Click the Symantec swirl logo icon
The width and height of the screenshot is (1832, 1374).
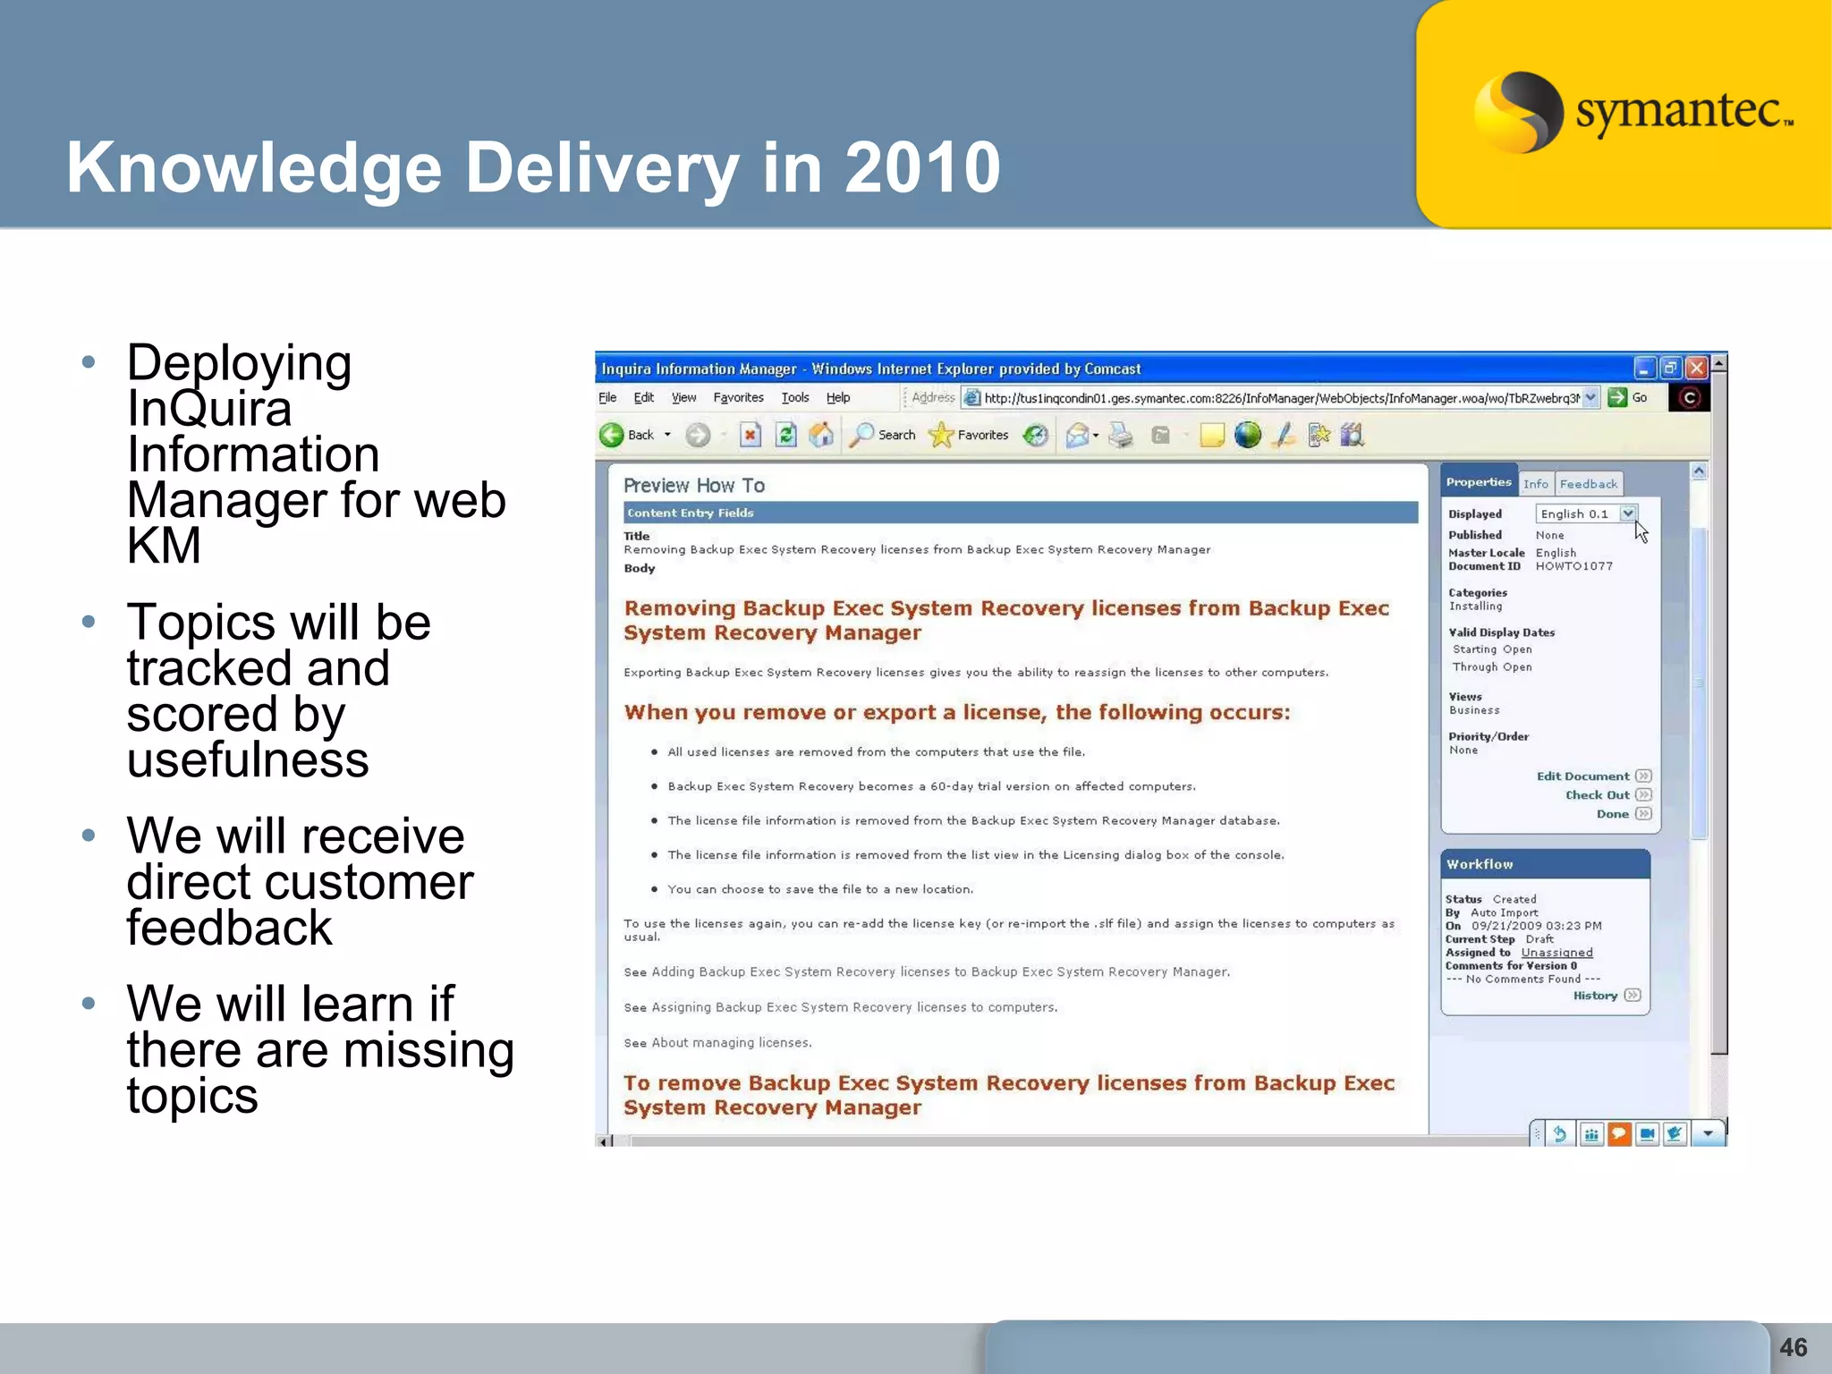(x=1518, y=112)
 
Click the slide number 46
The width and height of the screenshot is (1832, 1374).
(x=1793, y=1347)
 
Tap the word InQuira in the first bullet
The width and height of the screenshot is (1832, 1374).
(x=209, y=409)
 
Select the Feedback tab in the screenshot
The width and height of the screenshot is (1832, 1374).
(x=1588, y=484)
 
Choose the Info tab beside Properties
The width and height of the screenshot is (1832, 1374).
(x=1535, y=484)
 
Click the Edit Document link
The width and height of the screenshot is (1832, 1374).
(x=1582, y=776)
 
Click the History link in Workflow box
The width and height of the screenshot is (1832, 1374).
(x=1595, y=996)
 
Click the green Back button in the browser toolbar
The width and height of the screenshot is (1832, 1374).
(x=612, y=436)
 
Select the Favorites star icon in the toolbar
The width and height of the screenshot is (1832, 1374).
(x=941, y=436)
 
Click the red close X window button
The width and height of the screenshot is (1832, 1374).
(x=1696, y=369)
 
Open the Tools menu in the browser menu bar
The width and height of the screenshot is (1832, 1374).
(x=794, y=398)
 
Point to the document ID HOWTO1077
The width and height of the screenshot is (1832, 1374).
(x=1573, y=566)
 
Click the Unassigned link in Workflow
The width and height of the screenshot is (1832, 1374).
(x=1556, y=953)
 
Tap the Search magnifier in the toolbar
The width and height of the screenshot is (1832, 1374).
(x=861, y=436)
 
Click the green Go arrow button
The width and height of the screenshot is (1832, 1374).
(x=1617, y=398)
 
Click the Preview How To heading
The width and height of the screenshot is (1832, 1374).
(x=693, y=486)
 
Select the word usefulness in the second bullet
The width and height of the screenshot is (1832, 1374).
(x=248, y=760)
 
